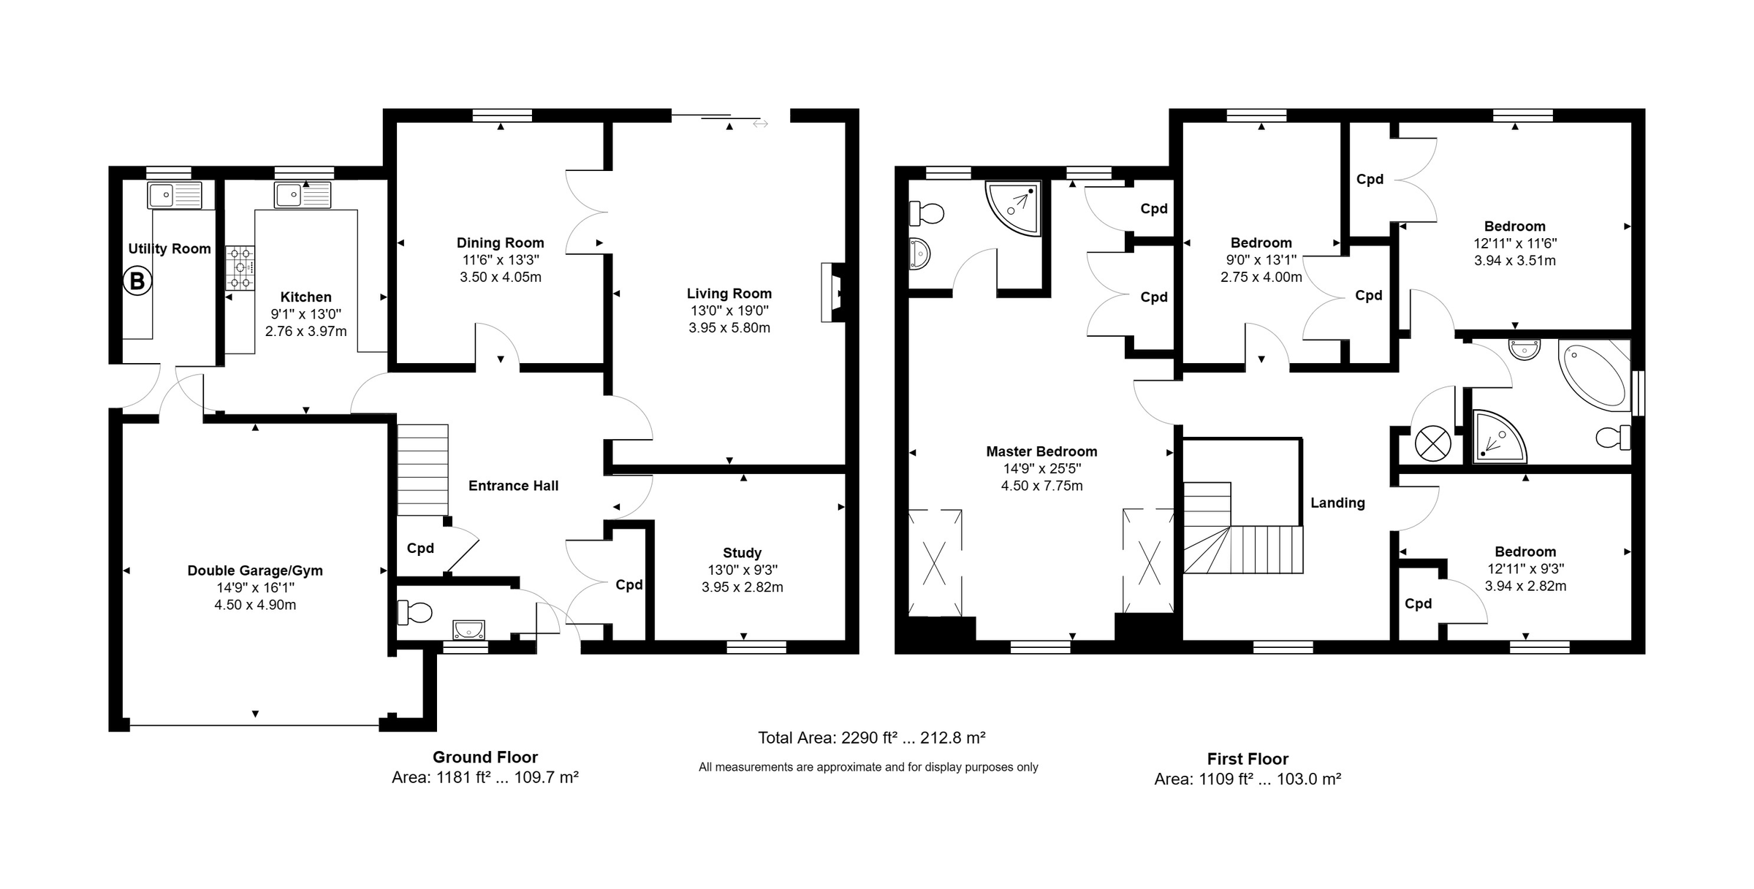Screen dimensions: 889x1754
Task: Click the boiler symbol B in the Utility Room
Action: (137, 281)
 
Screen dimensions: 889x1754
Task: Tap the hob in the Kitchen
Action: (240, 267)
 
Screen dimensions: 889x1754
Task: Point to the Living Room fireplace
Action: (832, 292)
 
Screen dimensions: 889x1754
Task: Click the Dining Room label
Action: (500, 243)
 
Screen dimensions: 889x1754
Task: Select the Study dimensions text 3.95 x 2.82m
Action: (742, 587)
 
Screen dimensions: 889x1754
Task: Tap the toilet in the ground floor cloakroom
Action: (414, 612)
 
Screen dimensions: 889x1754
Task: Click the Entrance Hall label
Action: (513, 486)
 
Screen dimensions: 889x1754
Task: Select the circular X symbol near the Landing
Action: (1432, 443)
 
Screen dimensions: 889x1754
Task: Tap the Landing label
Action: (1337, 503)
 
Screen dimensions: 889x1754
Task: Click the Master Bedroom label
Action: (1041, 451)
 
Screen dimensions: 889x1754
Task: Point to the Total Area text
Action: (871, 738)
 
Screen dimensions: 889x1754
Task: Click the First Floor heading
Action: (1248, 759)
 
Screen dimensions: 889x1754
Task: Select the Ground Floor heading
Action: (485, 758)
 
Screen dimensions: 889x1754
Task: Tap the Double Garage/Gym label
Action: (255, 571)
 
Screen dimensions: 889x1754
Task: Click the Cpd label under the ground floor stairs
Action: (420, 548)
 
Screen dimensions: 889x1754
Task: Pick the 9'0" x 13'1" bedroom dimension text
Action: (1261, 260)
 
